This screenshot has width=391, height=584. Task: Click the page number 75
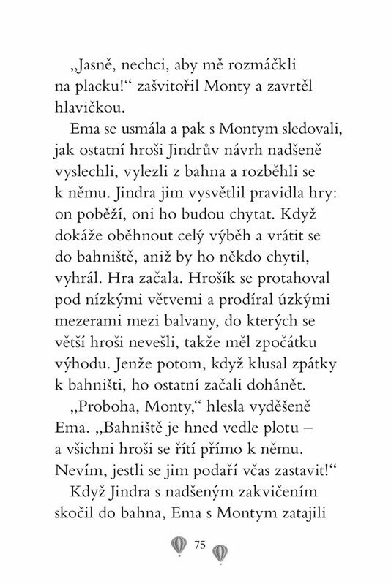pos(201,545)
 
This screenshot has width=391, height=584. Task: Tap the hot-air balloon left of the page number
pos(178,546)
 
